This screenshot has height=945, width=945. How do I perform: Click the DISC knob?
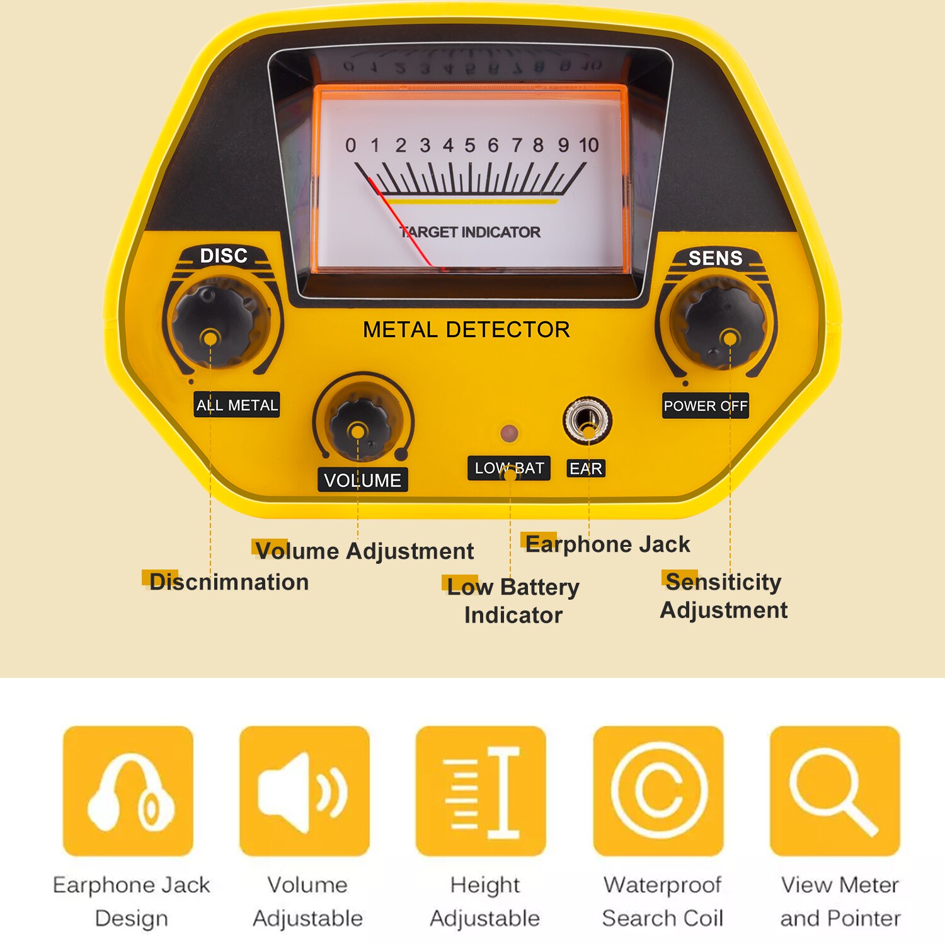click(212, 325)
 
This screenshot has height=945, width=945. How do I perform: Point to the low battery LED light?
click(509, 433)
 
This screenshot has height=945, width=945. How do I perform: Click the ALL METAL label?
click(237, 405)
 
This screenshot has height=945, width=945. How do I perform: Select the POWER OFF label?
click(705, 406)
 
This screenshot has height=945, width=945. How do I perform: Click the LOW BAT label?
click(509, 468)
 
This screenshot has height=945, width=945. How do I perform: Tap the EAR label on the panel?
click(586, 469)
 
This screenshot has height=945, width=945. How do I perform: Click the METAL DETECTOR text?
click(466, 329)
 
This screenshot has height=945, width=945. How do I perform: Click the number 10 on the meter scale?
click(588, 146)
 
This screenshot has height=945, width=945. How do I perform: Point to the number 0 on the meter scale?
click(350, 146)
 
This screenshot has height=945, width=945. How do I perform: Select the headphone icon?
click(129, 791)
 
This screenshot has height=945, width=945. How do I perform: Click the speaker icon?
click(304, 791)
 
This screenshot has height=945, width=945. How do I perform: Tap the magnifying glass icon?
click(834, 791)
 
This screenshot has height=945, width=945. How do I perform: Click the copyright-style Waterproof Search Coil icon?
click(658, 791)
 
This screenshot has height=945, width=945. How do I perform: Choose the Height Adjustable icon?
click(481, 791)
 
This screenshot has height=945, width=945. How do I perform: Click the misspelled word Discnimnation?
click(229, 582)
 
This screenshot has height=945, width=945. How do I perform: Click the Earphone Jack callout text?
click(607, 544)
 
